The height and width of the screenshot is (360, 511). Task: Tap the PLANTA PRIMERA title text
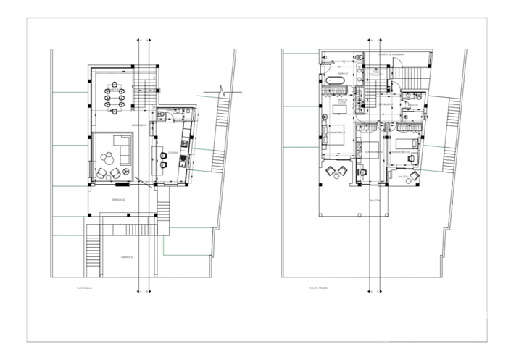(318, 291)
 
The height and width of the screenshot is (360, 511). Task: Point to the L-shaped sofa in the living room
(120, 149)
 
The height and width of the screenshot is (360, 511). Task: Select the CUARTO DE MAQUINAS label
(395, 55)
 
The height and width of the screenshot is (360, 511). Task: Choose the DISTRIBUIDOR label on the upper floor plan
(385, 105)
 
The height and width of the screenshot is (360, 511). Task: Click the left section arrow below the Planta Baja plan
(138, 288)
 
